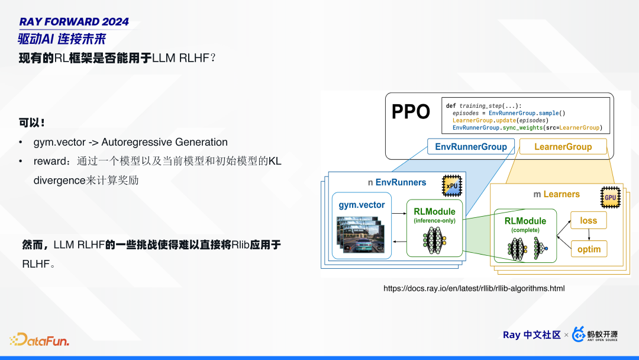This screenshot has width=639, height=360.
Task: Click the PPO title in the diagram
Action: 411,112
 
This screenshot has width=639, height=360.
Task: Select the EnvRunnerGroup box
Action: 471,147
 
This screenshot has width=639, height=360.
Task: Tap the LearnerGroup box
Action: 563,147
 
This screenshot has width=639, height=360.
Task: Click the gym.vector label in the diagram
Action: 362,205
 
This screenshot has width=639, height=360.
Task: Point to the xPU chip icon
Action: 452,186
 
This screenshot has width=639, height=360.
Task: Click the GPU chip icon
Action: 610,197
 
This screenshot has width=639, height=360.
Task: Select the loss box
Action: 589,221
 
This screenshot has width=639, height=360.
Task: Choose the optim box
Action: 589,249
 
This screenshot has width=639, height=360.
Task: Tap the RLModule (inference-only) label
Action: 434,216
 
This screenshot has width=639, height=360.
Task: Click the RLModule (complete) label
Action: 525,224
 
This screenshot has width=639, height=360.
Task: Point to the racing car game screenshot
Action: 360,235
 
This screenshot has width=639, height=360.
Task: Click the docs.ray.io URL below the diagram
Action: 474,289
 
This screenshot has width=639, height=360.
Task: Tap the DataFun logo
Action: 40,339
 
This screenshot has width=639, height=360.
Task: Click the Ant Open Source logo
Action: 595,335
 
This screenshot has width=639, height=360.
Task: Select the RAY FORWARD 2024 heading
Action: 74,21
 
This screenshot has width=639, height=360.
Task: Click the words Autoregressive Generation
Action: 164,142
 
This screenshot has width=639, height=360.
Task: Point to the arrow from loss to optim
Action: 589,235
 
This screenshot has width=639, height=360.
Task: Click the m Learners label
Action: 556,194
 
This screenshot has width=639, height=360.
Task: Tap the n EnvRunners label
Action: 397,182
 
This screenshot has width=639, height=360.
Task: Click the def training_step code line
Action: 483,105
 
